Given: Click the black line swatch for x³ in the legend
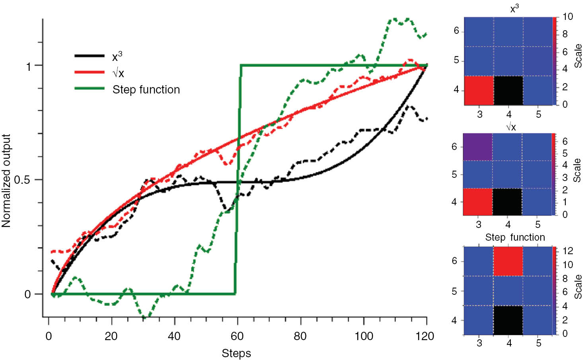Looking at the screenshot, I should pyautogui.click(x=90, y=56).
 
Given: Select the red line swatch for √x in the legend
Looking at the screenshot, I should pyautogui.click(x=90, y=72).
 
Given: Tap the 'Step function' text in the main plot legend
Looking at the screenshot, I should pyautogui.click(x=146, y=90).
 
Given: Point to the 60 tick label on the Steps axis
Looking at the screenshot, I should pyautogui.click(x=237, y=337).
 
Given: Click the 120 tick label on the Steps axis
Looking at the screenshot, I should pyautogui.click(x=424, y=337).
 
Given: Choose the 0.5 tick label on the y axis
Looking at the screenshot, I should pyautogui.click(x=22, y=180).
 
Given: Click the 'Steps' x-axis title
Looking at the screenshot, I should pyautogui.click(x=236, y=353).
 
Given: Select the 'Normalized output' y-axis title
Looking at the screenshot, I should pyautogui.click(x=6, y=181).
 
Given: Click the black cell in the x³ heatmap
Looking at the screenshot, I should pyautogui.click(x=508, y=90).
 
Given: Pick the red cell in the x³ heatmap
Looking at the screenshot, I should pyautogui.click(x=479, y=90).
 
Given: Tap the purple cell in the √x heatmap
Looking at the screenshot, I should pyautogui.click(x=478, y=147).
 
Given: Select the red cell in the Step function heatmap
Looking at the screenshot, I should pyautogui.click(x=508, y=261).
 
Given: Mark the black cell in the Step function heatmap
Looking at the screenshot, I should pyautogui.click(x=508, y=320).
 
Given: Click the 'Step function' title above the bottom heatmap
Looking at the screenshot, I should pyautogui.click(x=515, y=237).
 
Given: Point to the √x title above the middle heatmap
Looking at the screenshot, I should pyautogui.click(x=511, y=127).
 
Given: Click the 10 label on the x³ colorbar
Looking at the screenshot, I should pyautogui.click(x=568, y=17).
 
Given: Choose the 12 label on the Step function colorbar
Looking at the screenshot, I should pyautogui.click(x=568, y=251).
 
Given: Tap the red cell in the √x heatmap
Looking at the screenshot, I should pyautogui.click(x=478, y=202).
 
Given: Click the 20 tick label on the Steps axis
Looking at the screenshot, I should pyautogui.click(x=111, y=337).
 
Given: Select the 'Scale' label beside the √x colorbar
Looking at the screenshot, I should pyautogui.click(x=577, y=170).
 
